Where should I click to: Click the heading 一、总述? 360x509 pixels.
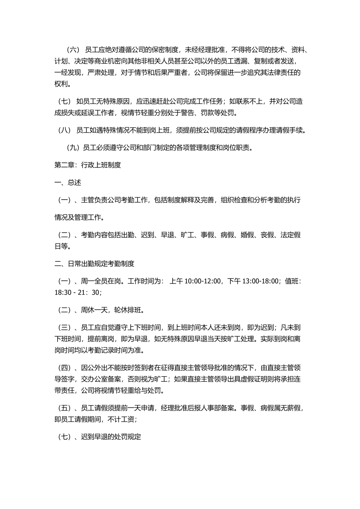(68, 183)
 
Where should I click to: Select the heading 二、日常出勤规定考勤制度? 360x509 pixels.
(94, 264)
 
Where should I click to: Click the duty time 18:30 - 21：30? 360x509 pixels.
(77, 292)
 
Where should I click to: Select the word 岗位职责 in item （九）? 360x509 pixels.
(237, 148)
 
